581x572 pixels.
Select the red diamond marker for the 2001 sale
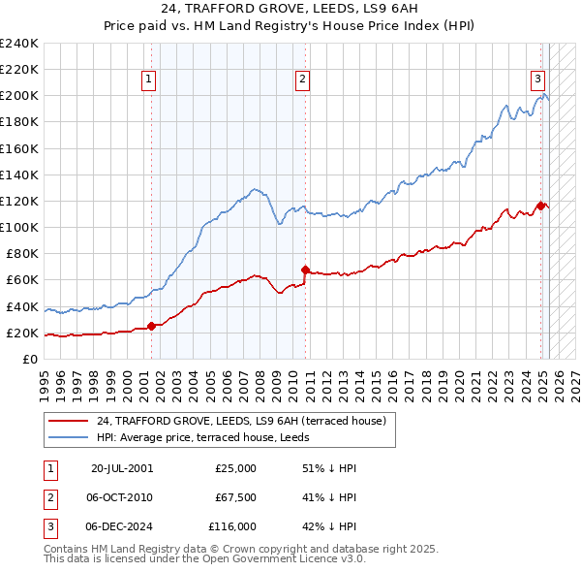tap(151, 326)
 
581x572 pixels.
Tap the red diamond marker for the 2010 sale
tap(305, 270)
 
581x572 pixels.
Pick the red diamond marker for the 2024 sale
tap(540, 206)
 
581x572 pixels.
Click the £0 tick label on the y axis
tap(29, 360)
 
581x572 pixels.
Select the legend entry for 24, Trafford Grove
tap(241, 421)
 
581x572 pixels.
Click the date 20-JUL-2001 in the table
tap(121, 468)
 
